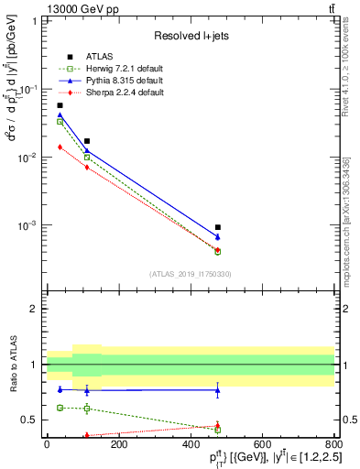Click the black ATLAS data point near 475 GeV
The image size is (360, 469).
click(218, 227)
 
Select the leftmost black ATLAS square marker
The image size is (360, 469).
click(60, 105)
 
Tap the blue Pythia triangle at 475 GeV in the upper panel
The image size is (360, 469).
click(218, 237)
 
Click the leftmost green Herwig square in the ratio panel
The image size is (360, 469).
click(60, 408)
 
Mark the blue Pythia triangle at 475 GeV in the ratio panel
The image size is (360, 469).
click(218, 390)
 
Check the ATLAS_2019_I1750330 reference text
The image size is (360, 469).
click(190, 274)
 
